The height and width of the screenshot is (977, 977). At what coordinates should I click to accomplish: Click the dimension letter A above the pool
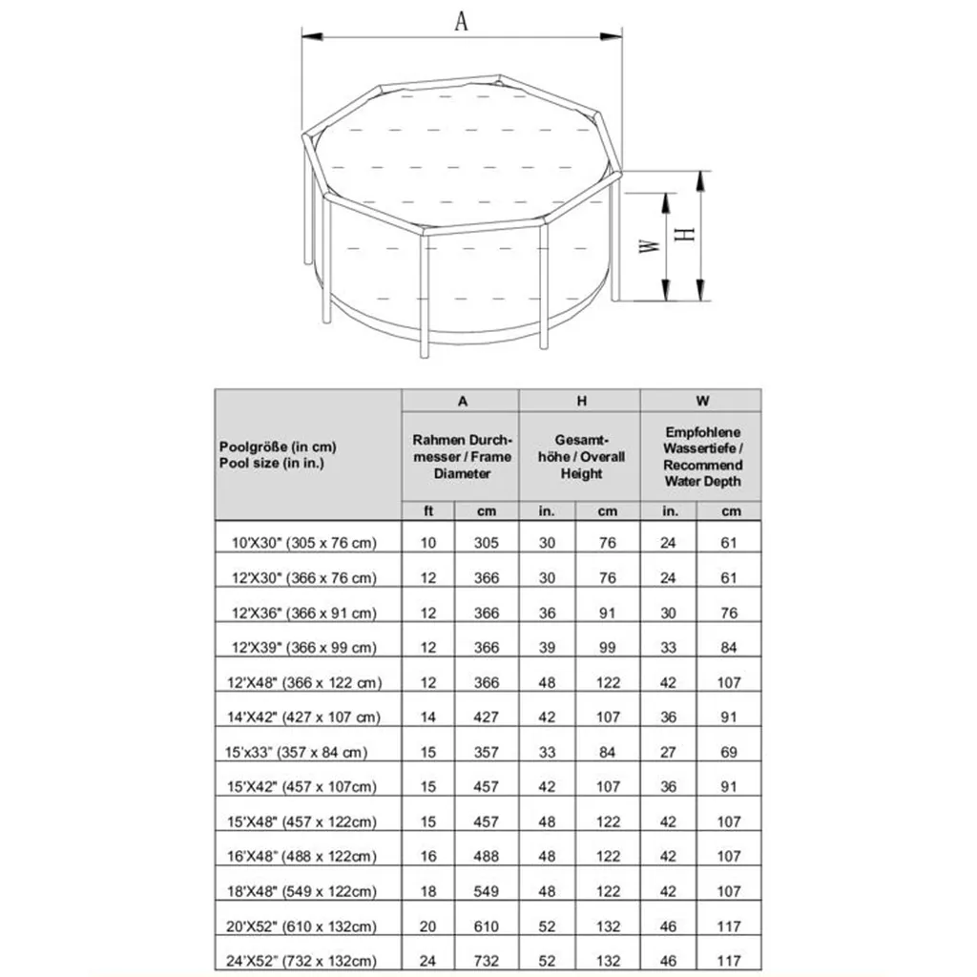click(461, 21)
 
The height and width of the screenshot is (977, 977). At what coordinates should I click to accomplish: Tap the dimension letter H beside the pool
click(685, 235)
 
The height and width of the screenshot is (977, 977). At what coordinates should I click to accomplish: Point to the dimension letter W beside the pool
click(649, 246)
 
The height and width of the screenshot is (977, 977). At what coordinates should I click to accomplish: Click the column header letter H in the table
click(581, 401)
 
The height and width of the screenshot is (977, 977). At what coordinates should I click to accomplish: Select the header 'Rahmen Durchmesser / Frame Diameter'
click(463, 456)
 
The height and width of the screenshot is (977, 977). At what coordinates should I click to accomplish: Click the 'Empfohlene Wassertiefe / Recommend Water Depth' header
click(702, 456)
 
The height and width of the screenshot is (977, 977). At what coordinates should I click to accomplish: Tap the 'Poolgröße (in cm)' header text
click(278, 447)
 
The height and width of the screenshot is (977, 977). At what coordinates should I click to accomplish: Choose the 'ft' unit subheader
click(428, 511)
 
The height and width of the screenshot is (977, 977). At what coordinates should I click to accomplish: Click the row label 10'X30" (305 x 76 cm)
click(304, 543)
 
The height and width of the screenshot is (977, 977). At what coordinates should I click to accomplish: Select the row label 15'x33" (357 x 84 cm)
click(296, 752)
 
